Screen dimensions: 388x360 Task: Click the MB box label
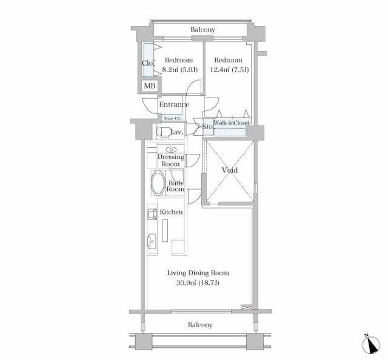[x=150, y=86]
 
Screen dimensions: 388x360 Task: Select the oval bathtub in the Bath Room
[x=158, y=183]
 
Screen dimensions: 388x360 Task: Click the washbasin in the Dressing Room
[x=171, y=150]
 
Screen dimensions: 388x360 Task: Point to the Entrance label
[x=174, y=104]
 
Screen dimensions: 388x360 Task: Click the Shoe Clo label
[x=173, y=119]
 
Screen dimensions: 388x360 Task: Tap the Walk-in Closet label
[x=232, y=122]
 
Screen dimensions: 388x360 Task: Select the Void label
[x=229, y=170]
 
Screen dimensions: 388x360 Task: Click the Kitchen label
[x=171, y=212]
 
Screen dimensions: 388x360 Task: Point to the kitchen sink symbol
[x=152, y=241]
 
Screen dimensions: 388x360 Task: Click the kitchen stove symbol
[x=152, y=214]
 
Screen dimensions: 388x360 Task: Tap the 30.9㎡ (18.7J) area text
[x=198, y=283]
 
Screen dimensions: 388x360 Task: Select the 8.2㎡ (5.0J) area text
[x=179, y=70]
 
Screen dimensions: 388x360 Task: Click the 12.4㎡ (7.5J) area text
[x=229, y=70]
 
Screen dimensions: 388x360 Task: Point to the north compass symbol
[x=371, y=344]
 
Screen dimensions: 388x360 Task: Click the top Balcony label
[x=202, y=30]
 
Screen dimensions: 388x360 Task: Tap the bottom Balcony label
[x=200, y=325]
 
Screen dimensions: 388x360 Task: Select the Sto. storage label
[x=207, y=127]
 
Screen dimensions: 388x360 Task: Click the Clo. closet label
[x=149, y=64]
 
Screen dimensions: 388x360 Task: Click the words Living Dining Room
[x=198, y=273]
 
